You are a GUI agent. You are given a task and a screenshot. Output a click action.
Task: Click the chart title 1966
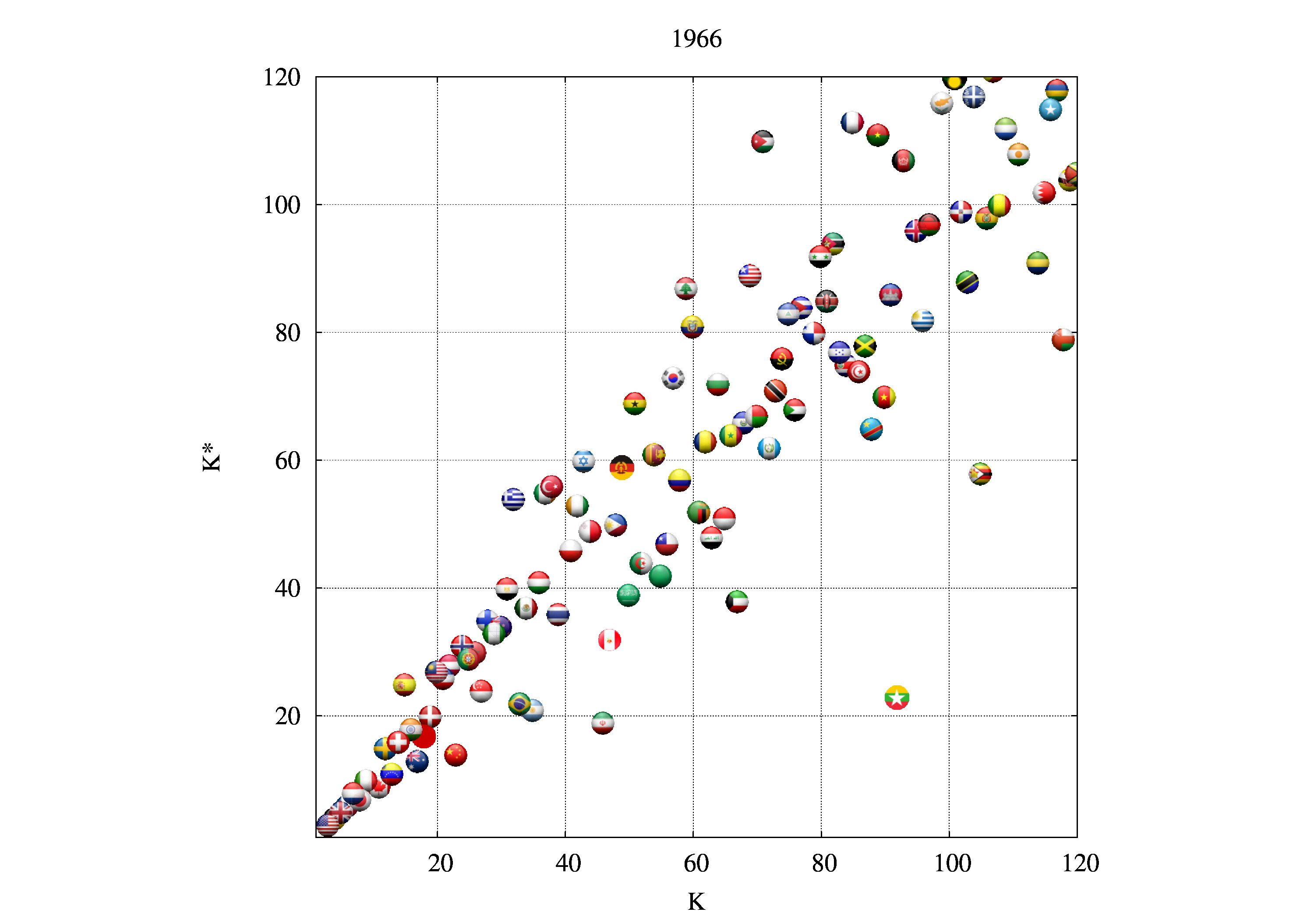696,39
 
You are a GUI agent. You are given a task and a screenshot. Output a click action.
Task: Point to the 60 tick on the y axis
287,460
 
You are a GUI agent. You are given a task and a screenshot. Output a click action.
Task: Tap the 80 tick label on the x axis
823,863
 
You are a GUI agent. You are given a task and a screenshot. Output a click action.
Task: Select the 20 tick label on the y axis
287,716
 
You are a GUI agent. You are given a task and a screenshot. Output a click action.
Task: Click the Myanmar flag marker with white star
897,697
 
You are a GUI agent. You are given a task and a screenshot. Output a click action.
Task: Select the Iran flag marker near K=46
603,723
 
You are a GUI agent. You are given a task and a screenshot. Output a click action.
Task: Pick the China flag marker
456,755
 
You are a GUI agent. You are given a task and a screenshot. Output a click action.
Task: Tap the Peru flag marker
610,640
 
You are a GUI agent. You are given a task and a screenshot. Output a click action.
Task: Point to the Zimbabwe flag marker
980,474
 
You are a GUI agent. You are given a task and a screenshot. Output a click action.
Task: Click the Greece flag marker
513,499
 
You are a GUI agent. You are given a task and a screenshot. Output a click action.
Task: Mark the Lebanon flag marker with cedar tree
685,288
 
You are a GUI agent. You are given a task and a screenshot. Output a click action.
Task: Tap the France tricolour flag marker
852,123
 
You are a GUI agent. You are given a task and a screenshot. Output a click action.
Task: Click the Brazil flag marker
519,703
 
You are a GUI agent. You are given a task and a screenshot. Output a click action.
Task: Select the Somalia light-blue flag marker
1050,109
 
